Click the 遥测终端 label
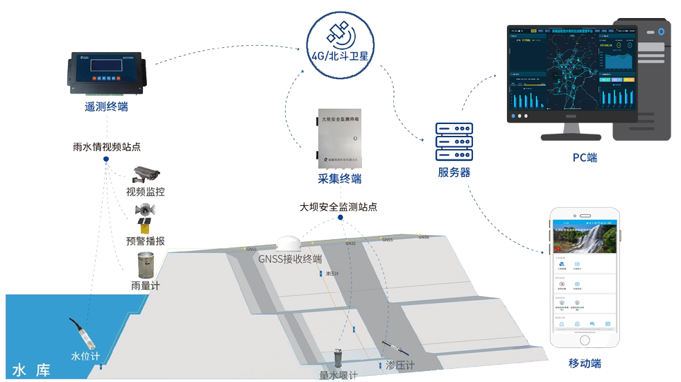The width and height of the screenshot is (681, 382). click(x=106, y=107)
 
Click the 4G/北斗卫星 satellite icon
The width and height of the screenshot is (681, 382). click(x=340, y=32)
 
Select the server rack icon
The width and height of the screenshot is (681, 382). click(x=454, y=144)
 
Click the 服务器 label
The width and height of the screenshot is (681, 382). click(x=454, y=173)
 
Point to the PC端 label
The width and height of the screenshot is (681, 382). click(x=585, y=157)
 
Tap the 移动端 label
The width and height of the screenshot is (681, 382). click(x=584, y=363)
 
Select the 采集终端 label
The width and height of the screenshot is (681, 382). click(x=340, y=180)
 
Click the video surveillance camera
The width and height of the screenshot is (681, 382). click(x=147, y=174)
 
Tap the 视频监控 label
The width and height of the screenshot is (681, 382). click(x=146, y=192)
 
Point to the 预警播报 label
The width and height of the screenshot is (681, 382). click(x=146, y=241)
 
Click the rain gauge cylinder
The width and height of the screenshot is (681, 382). click(x=146, y=266)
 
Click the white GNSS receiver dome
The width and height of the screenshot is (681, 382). click(x=289, y=243)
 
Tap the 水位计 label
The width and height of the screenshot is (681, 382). click(x=86, y=356)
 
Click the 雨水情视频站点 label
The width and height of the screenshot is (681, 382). click(x=107, y=147)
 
